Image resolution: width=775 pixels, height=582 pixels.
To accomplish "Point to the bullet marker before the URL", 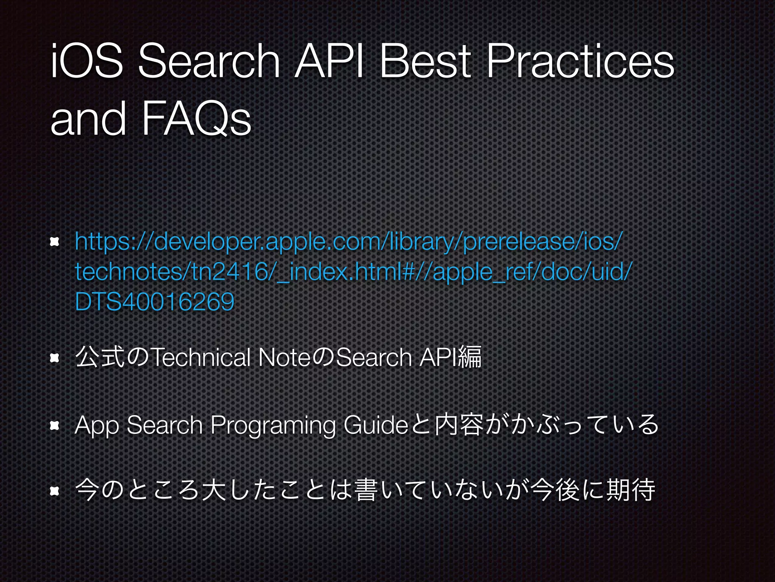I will click(55, 242).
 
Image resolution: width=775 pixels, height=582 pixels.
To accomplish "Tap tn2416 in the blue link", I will click(232, 272).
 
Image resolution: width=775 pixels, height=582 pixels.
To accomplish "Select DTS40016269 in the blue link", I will click(154, 302).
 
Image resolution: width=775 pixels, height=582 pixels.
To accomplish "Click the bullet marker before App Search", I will click(55, 426).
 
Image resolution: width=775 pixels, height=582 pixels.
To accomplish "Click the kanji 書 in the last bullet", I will click(366, 490).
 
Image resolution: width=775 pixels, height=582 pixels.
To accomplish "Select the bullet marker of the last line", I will click(55, 491).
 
